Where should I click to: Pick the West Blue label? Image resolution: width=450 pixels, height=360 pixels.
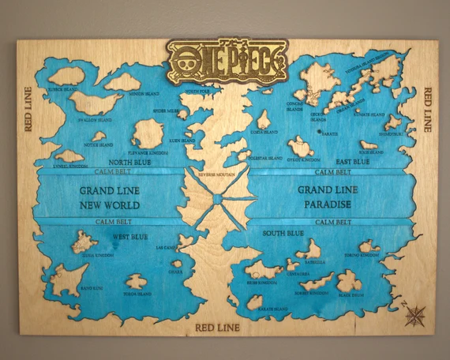129,236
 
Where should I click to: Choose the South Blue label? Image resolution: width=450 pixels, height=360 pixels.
283,233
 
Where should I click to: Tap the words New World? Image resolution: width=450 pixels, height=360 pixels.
110,204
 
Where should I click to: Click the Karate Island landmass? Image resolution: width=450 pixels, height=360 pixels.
254,302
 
